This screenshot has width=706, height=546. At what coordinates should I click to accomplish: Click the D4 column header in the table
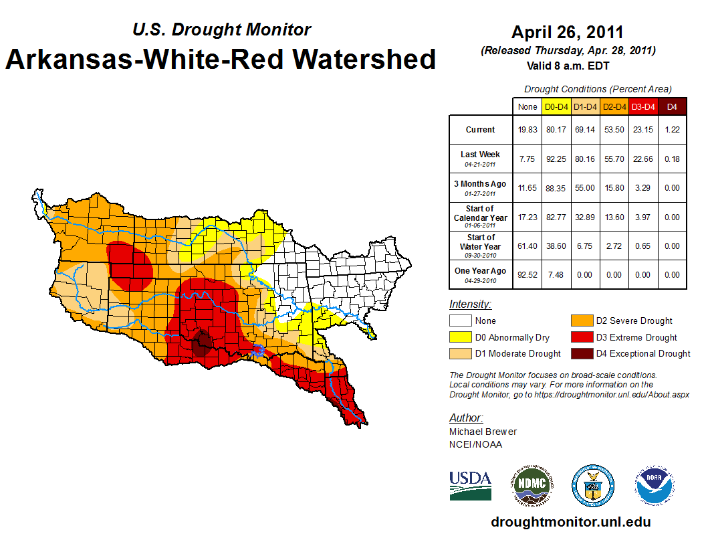click(672, 106)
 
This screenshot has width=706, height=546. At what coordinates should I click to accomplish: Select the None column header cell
click(527, 106)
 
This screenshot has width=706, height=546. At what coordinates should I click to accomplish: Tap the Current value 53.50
click(614, 130)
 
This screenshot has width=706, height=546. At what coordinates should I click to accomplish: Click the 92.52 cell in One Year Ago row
click(527, 274)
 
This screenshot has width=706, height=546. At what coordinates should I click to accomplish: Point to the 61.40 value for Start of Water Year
click(527, 246)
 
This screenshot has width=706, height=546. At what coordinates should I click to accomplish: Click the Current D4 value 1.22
click(672, 130)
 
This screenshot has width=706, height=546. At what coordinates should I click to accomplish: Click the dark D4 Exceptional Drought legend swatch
click(581, 353)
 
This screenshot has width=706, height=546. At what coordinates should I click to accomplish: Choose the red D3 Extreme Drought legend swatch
click(581, 337)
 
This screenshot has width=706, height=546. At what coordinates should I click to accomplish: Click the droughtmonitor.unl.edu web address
click(570, 522)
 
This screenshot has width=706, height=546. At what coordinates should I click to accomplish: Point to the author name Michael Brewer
click(483, 432)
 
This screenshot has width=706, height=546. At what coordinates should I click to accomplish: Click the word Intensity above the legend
click(470, 304)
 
